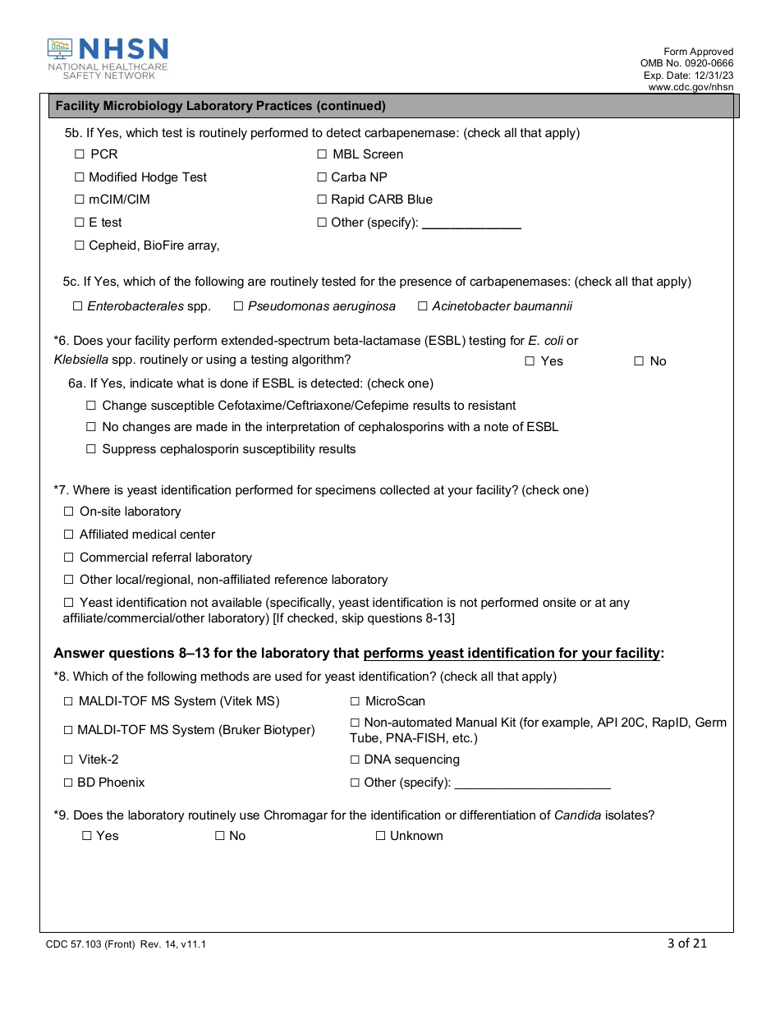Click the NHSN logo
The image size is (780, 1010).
(x=108, y=58)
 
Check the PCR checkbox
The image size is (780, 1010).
(x=80, y=154)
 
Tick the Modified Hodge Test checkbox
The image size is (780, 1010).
(x=80, y=177)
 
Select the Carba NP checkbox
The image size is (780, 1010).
(x=322, y=177)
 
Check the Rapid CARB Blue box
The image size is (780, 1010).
(x=322, y=200)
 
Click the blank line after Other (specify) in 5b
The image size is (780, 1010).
(x=471, y=223)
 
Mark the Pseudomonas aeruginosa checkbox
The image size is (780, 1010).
(x=238, y=306)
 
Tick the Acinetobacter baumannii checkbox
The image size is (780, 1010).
(x=423, y=306)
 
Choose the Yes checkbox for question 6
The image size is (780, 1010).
(x=530, y=361)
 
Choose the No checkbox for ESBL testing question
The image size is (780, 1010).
(x=639, y=361)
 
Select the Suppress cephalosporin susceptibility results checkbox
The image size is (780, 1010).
(x=91, y=449)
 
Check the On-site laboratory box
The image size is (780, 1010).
(x=69, y=512)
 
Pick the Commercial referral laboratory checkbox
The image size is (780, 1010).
(x=69, y=558)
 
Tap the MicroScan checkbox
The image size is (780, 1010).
(x=356, y=701)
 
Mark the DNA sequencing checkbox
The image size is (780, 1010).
(x=356, y=760)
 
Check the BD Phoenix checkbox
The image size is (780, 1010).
(x=69, y=783)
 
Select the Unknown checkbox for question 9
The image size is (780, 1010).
(x=380, y=836)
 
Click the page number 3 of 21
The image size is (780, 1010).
(x=687, y=943)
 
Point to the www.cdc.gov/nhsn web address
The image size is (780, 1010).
(x=691, y=86)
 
